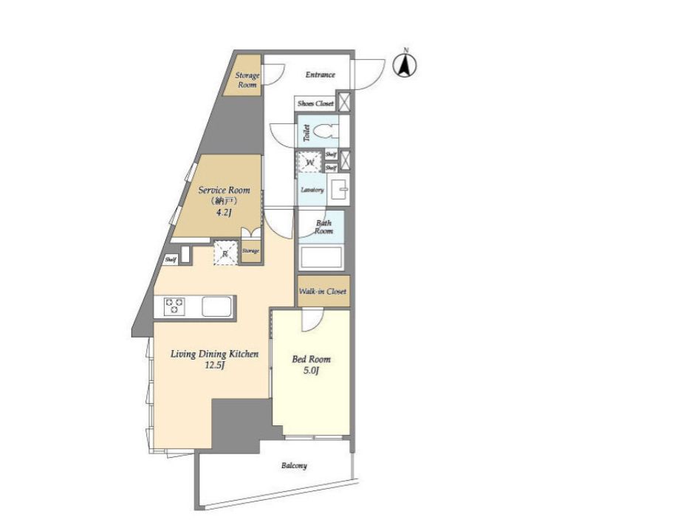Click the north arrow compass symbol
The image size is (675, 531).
point(405,65)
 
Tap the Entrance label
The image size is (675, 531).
point(321,75)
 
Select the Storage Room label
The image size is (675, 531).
point(247,80)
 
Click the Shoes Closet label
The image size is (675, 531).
point(315,103)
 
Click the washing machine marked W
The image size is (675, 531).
point(310,162)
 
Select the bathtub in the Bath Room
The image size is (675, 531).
point(321,257)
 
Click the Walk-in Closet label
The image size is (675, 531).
point(323,291)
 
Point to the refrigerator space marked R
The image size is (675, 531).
point(225,253)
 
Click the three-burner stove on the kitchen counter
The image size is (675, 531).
point(174,306)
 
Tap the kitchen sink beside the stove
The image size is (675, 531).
point(216,306)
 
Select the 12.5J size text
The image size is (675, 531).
point(215,366)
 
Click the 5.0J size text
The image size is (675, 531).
point(311,370)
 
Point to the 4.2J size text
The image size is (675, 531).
point(224,212)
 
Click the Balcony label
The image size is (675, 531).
point(294,465)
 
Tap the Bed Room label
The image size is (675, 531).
point(311,359)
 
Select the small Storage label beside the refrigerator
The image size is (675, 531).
point(250,251)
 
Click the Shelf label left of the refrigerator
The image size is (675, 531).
point(171,260)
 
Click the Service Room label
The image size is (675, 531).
point(224,190)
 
